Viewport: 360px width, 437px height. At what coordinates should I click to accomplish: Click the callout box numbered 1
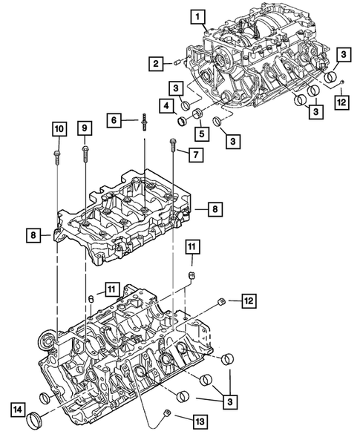pos(197,15)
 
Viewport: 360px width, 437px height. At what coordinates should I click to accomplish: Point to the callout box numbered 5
pos(200,134)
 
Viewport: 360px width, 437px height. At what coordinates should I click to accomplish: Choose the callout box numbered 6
pos(115,119)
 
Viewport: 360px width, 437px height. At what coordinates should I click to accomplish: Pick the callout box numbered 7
pos(195,155)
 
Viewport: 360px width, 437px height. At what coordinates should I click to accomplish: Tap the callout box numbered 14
pos(17,407)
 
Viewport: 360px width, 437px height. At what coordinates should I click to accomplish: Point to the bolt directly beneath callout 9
pos(85,155)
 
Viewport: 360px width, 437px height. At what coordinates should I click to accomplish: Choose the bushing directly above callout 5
pos(199,114)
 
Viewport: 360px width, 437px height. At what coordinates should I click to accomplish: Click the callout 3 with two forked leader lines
pos(232,401)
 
